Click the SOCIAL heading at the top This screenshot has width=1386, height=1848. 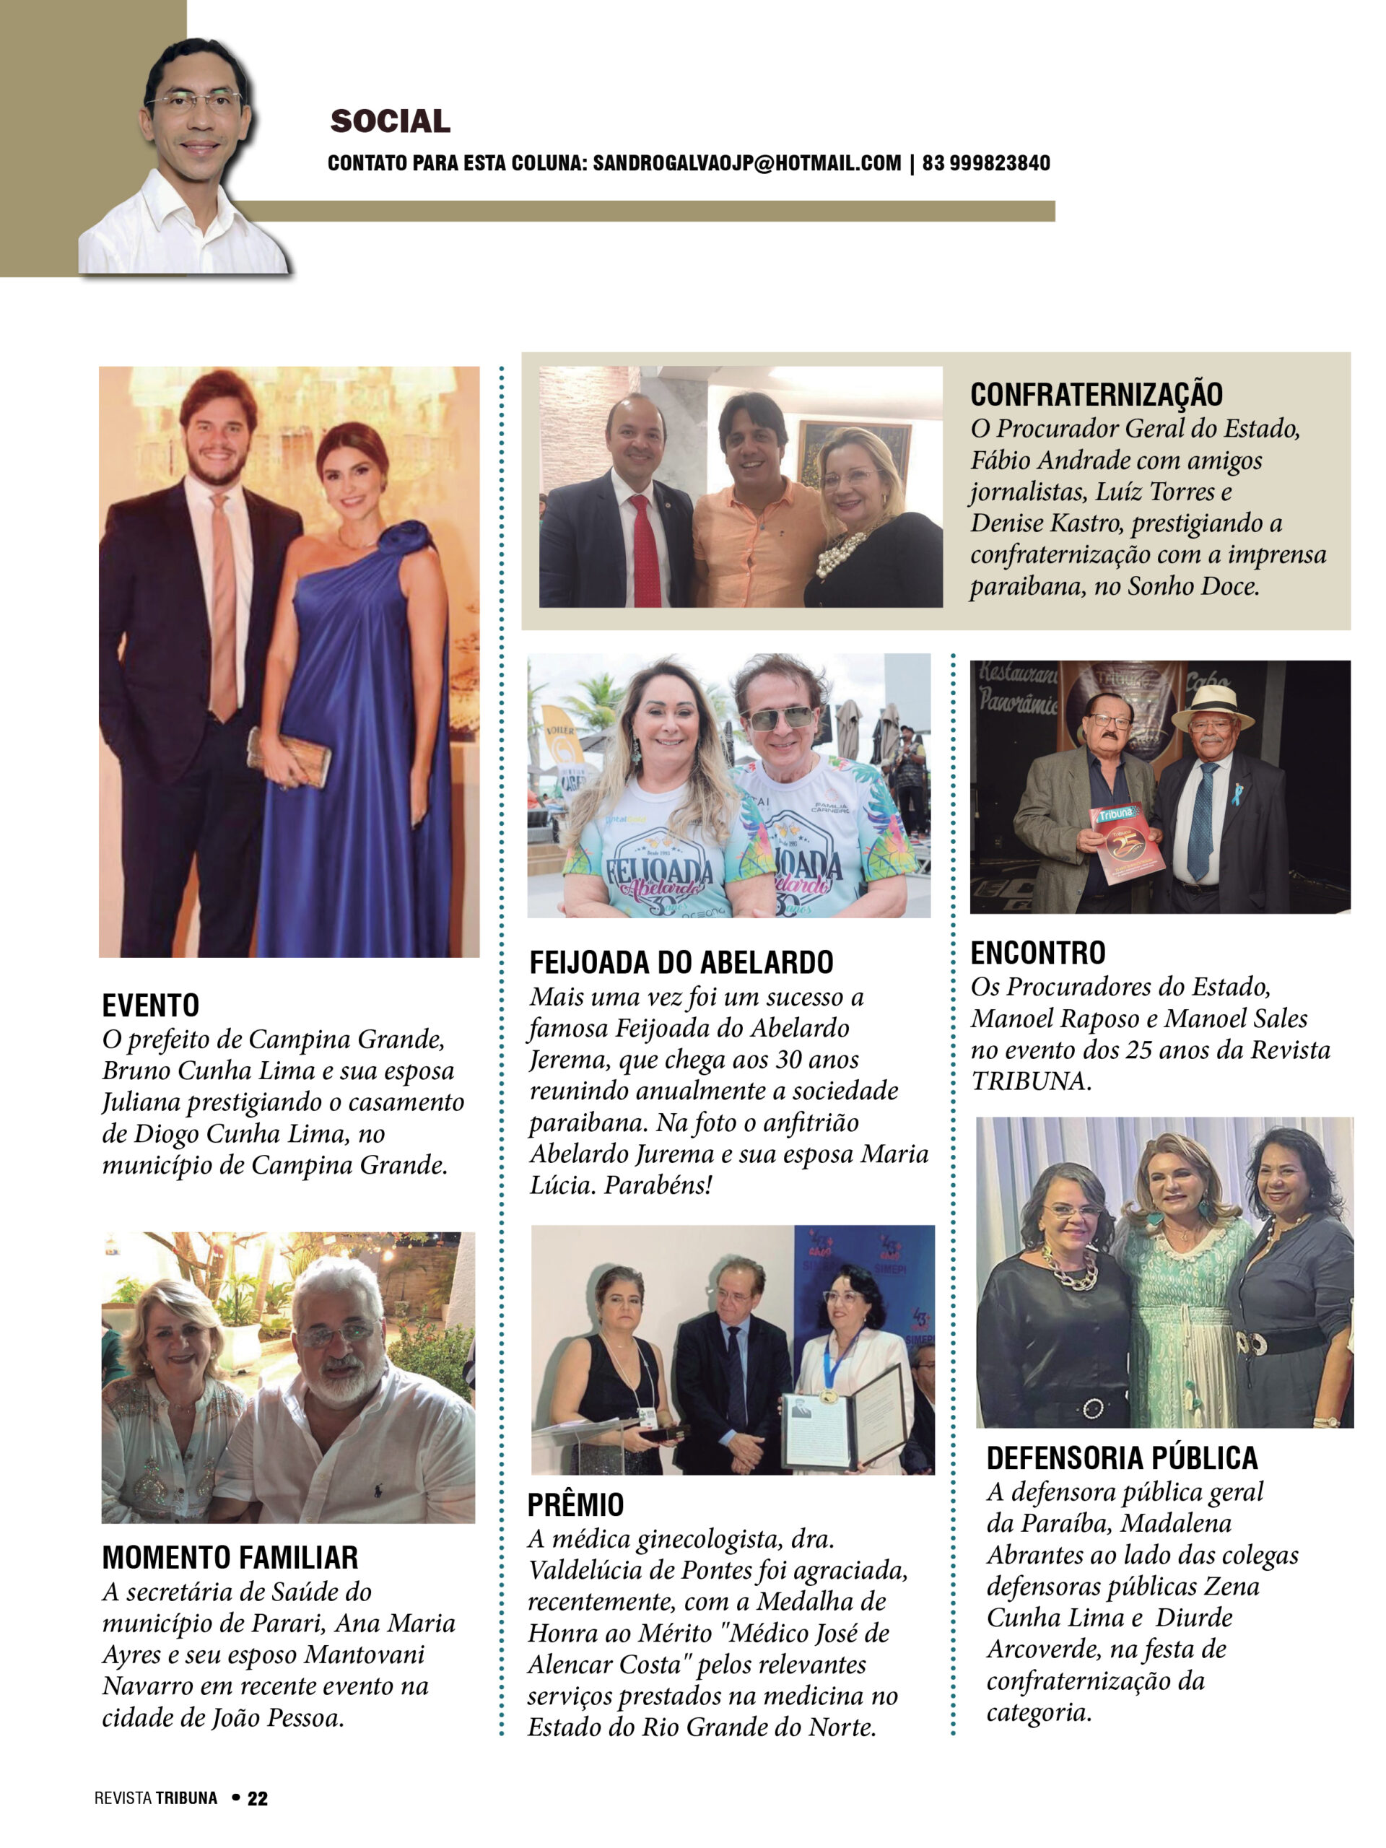(390, 121)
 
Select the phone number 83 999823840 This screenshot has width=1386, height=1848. (986, 164)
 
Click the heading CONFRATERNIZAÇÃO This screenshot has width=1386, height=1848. (1096, 393)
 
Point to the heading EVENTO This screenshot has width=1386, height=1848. (150, 1004)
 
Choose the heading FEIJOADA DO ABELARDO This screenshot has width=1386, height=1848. (681, 962)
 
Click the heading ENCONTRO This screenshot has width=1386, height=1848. (1037, 952)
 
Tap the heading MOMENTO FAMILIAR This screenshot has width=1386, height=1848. (230, 1557)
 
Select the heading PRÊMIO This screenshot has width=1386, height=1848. (575, 1504)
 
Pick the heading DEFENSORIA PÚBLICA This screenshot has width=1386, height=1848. (1121, 1458)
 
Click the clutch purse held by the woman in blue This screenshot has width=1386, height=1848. (289, 756)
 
